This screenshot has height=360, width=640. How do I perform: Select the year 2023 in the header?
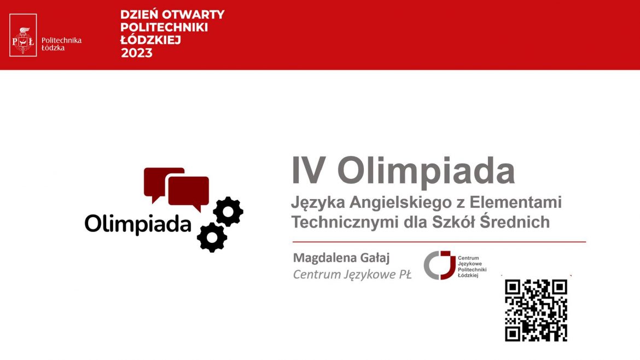[x=137, y=53]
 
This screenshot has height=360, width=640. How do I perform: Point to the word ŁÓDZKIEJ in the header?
[x=150, y=40]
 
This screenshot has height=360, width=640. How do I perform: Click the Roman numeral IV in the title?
[x=309, y=171]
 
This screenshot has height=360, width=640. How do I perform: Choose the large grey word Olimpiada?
[x=426, y=171]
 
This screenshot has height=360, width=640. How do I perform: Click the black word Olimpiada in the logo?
[x=138, y=224]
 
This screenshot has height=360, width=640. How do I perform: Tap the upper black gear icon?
[x=228, y=211]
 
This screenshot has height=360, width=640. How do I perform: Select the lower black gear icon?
[x=212, y=237]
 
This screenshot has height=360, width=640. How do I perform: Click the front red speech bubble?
[x=189, y=193]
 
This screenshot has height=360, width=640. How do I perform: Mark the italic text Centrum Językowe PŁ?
[x=352, y=275]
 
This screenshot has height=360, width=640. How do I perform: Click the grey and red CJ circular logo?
[x=440, y=265]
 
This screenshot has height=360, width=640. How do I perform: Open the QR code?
[x=536, y=310]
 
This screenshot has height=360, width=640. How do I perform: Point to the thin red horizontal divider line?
[x=439, y=242]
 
